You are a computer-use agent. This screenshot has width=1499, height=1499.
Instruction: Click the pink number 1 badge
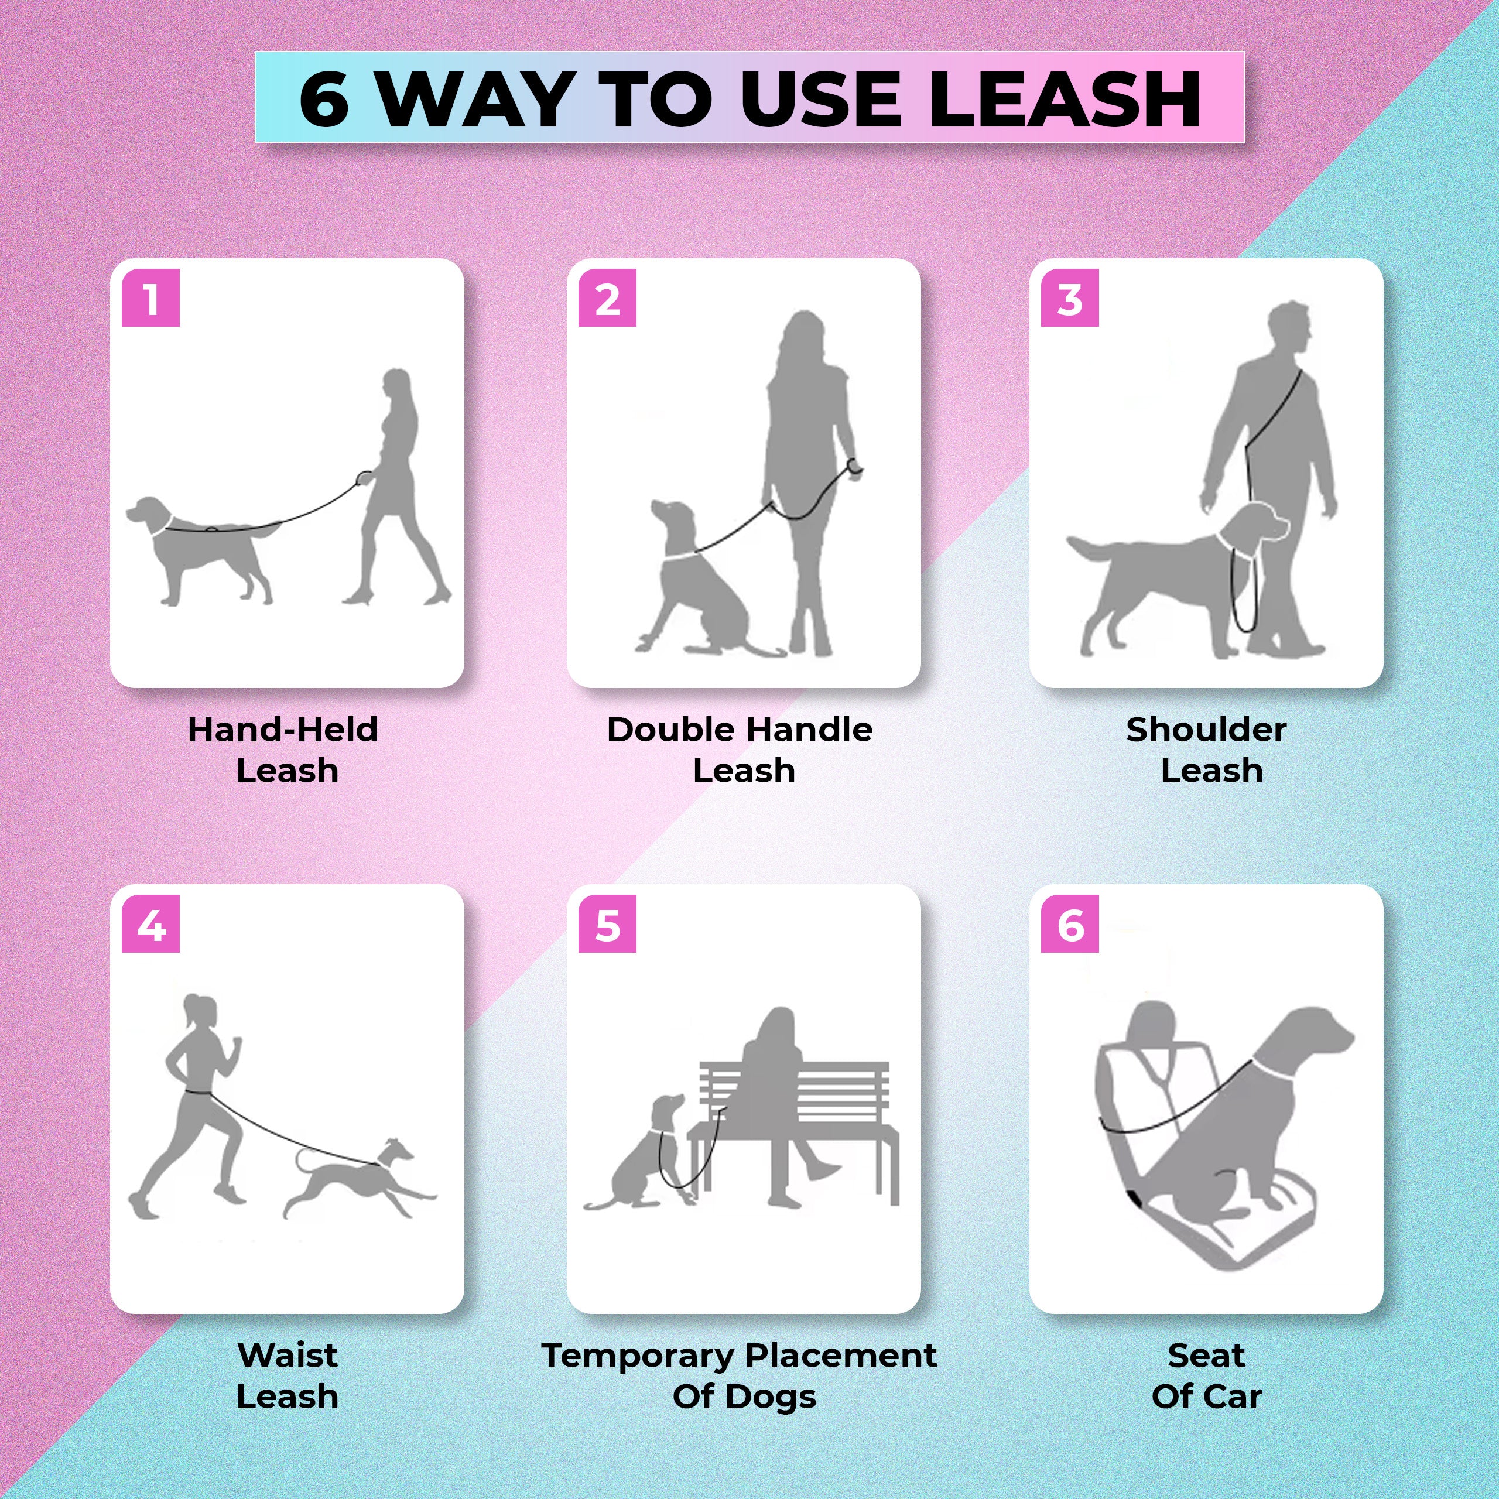[150, 298]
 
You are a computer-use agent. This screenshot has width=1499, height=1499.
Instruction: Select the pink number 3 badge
[1070, 298]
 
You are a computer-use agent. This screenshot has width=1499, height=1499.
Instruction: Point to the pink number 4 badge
[150, 924]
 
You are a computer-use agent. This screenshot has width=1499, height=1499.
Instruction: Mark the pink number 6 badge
[1070, 924]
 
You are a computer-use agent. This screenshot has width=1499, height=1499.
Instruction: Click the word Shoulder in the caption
[1206, 730]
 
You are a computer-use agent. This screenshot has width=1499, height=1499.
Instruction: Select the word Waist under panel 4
[287, 1356]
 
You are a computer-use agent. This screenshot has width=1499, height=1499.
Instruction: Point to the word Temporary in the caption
[636, 1356]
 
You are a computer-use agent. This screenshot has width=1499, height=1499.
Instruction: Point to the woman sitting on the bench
[776, 1086]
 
